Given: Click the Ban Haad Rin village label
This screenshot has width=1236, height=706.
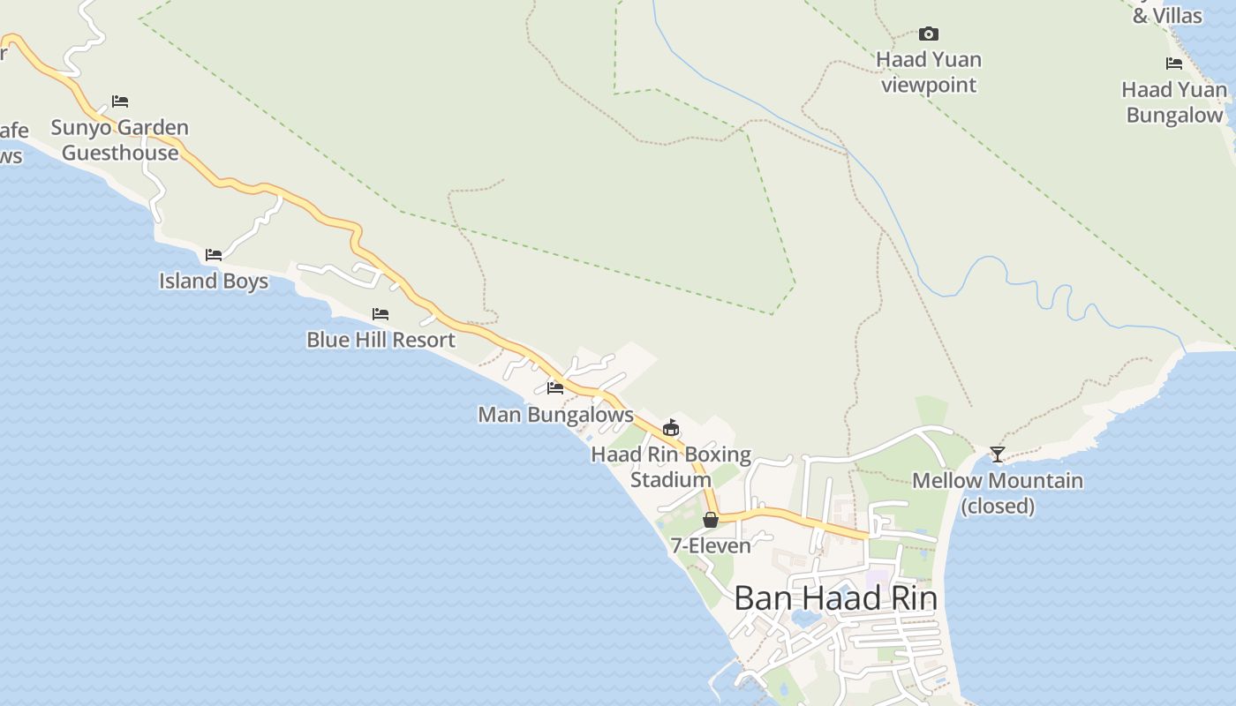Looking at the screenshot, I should [x=835, y=598].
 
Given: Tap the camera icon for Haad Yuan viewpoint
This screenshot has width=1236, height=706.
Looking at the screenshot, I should [x=928, y=34].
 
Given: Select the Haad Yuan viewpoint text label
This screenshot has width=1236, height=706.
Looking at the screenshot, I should [x=929, y=72].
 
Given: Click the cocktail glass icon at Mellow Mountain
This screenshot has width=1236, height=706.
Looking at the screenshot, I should [x=998, y=454].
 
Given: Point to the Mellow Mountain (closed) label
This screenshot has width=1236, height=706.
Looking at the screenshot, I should [x=998, y=493].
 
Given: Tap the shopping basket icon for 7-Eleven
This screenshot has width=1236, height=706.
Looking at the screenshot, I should [x=711, y=520].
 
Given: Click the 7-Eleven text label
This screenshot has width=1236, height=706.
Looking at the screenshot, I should [x=711, y=545].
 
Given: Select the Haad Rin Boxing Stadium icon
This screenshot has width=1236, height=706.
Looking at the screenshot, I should [x=671, y=428].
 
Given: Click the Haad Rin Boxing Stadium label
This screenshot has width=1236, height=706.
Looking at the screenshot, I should [x=671, y=468].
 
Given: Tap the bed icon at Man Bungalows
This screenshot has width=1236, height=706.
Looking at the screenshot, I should [x=555, y=387].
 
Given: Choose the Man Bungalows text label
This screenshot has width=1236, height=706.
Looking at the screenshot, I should [x=555, y=414].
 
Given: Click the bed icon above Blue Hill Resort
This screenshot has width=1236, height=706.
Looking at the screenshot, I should [x=381, y=313].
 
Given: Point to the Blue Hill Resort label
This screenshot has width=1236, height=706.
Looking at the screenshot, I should [x=381, y=340].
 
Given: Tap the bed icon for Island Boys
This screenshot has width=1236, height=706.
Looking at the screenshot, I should [x=214, y=255].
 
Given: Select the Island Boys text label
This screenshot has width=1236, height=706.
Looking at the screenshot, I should [x=214, y=281].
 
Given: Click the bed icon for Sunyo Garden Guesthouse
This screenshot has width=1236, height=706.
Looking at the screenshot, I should [x=120, y=101].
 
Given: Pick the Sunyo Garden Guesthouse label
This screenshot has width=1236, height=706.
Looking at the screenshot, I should [x=120, y=139].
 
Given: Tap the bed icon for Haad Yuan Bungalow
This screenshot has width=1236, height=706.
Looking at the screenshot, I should [x=1174, y=64].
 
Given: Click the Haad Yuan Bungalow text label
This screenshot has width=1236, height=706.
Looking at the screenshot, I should [x=1174, y=102].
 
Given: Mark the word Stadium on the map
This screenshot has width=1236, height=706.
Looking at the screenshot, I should [x=670, y=480].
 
